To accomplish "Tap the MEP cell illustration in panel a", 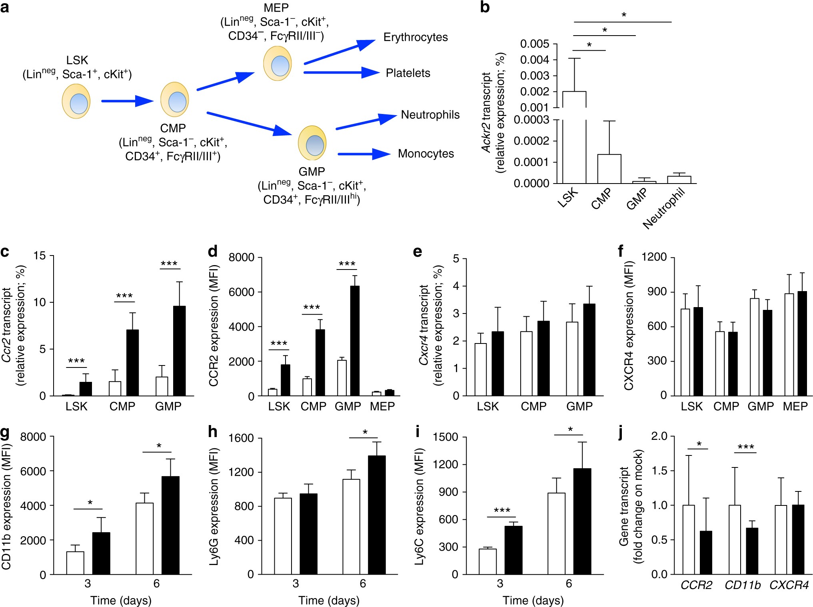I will [x=277, y=64].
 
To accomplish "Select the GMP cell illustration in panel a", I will [x=312, y=143].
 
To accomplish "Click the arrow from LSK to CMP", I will [x=127, y=101].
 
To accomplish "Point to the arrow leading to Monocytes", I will [x=364, y=154].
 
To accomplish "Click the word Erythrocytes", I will [x=415, y=37].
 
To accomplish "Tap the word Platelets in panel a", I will [x=408, y=73].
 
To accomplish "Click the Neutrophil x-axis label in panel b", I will [x=664, y=209].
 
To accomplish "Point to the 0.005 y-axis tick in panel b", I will [x=534, y=44].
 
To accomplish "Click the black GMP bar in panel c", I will [x=179, y=351].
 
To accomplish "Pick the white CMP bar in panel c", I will [x=115, y=388].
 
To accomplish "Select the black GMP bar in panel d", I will [x=354, y=341].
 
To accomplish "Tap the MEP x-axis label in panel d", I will [x=382, y=406].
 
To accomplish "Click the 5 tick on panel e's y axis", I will [x=456, y=259].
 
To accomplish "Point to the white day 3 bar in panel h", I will [x=283, y=536].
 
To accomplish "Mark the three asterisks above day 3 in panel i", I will [x=501, y=510].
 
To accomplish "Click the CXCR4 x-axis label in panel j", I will [x=789, y=585].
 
